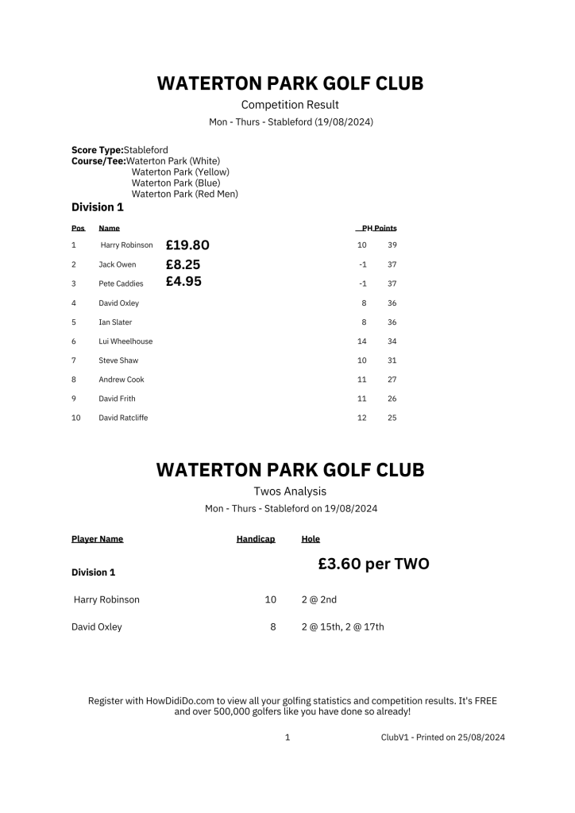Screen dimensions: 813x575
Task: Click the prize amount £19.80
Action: [x=187, y=245]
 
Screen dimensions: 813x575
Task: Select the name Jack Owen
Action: [x=118, y=264]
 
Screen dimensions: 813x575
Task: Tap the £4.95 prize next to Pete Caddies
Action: [x=183, y=282]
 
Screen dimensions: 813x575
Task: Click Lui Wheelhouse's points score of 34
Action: [x=392, y=341]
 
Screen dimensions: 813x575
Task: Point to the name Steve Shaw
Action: [x=118, y=360]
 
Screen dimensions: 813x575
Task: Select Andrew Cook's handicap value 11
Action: [x=362, y=380]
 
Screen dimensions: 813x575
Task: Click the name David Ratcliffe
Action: [x=123, y=418]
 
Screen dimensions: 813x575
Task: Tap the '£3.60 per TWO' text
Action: [x=373, y=564]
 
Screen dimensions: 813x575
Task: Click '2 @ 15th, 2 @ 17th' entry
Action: [x=343, y=626]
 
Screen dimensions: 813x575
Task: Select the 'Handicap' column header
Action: [x=256, y=539]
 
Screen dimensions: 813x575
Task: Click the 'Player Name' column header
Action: [x=97, y=539]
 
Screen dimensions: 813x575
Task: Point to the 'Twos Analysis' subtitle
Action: [x=290, y=491]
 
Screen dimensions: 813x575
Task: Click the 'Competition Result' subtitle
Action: [x=290, y=105]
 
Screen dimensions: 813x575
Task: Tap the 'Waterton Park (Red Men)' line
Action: [x=184, y=194]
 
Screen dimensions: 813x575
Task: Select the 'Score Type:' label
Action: [x=97, y=149]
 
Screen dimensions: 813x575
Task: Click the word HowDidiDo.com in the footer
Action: [x=182, y=701]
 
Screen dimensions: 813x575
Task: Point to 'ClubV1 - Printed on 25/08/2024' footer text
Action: [x=442, y=738]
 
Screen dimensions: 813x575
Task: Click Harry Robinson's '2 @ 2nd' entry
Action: [x=319, y=599]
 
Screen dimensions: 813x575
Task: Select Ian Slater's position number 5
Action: [x=74, y=322]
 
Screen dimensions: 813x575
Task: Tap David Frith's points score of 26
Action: [x=392, y=399]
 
